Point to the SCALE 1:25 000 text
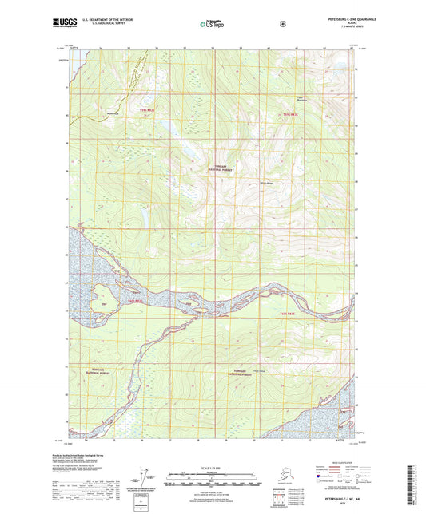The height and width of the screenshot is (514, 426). point(212,467)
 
